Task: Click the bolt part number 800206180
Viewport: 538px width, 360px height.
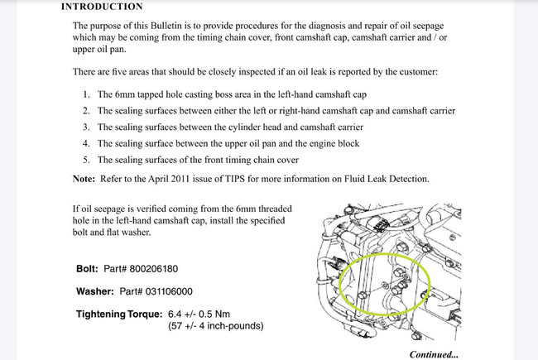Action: [151, 269]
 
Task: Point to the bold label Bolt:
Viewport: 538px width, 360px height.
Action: [87, 269]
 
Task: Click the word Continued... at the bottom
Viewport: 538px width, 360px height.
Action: [433, 354]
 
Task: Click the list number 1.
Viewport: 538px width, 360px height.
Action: [88, 94]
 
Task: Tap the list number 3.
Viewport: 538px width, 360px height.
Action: [88, 127]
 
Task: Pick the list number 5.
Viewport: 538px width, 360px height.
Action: [88, 160]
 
